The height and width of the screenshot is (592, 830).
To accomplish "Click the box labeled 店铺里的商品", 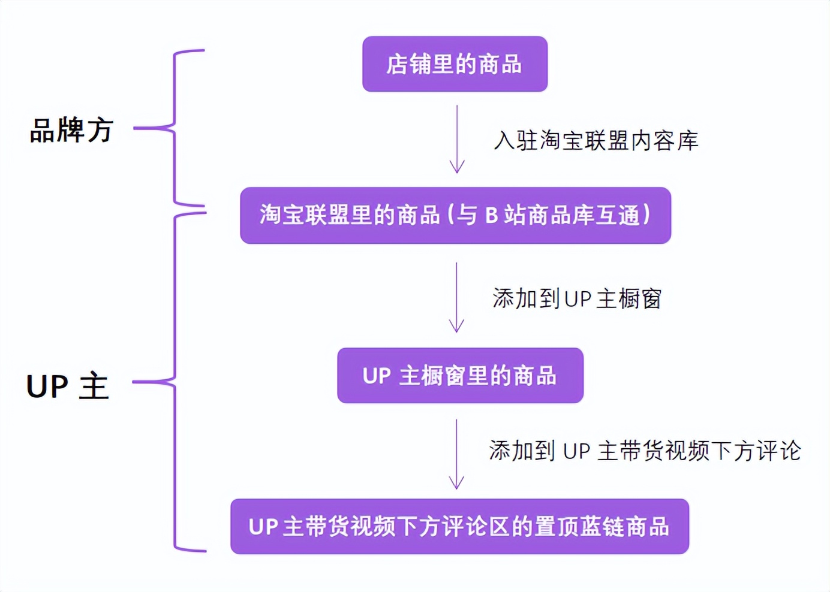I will (x=455, y=64).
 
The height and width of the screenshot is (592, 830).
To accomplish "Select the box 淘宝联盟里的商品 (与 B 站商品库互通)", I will (x=455, y=215).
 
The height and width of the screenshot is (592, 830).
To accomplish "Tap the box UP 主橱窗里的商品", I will (x=460, y=376).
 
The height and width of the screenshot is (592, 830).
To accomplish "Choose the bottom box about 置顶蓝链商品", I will (x=459, y=527).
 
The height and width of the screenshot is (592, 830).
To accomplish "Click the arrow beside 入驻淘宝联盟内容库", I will (x=457, y=139).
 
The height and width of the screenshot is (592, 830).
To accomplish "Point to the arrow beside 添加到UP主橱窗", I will (x=456, y=297).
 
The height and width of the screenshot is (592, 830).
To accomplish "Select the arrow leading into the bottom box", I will (x=456, y=454).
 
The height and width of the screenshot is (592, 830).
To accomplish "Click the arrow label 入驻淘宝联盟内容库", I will (x=596, y=141).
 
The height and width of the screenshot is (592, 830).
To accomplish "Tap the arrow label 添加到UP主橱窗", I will (x=577, y=298).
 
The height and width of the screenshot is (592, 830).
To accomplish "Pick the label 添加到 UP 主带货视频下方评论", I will (x=645, y=451).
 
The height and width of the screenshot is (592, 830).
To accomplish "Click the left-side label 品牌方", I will (x=71, y=130).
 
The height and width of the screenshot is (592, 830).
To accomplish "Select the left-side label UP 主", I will (x=68, y=386).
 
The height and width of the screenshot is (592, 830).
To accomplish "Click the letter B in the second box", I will (x=492, y=215).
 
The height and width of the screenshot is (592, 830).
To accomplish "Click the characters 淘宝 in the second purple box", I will (x=282, y=215).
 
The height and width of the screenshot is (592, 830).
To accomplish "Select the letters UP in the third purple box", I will (x=377, y=376).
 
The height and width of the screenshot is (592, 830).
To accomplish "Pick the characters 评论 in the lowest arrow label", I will (x=778, y=451).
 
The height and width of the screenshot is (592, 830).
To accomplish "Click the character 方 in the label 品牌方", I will (x=100, y=130).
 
